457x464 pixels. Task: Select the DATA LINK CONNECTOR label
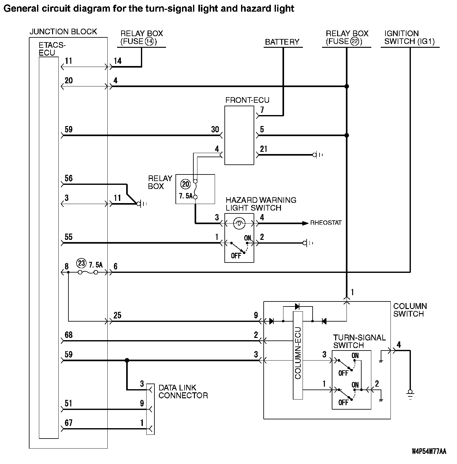(183, 391)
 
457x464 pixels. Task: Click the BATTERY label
(282, 42)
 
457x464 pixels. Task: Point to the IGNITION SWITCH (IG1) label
(409, 37)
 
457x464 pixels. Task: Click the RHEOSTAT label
(326, 223)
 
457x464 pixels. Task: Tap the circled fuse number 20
(186, 184)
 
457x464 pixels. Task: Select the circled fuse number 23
(81, 263)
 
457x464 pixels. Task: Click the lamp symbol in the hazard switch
(239, 223)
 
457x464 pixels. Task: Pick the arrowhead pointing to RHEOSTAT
(305, 223)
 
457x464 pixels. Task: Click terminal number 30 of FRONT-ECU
(215, 129)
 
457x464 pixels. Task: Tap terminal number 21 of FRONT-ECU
(264, 149)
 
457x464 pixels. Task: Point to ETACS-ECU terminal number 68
(68, 335)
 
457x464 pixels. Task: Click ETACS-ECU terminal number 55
(68, 237)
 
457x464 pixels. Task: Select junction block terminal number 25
(117, 315)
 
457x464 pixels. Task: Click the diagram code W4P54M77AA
(429, 452)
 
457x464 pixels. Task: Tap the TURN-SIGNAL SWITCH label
(359, 341)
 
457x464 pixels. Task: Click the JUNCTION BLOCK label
(63, 31)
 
